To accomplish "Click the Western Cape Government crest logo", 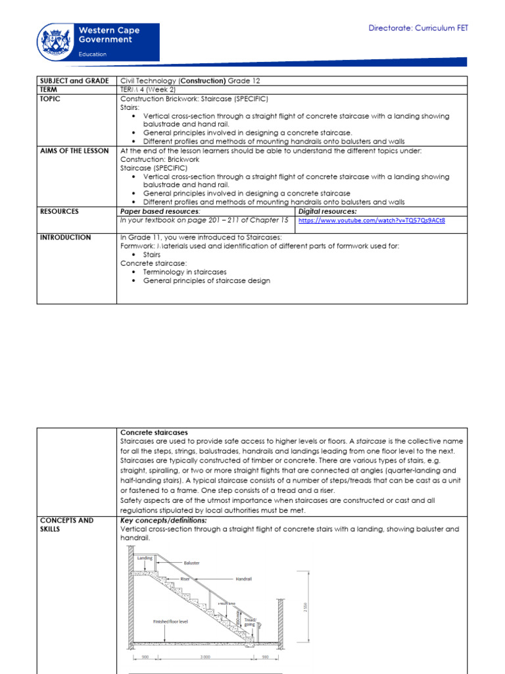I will coord(57,41).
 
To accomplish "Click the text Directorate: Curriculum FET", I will coord(418,28).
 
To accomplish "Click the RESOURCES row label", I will coord(59,211).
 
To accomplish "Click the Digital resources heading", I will coord(327,211).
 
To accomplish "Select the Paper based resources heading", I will coord(160,211).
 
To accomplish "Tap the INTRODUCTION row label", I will coord(65,237).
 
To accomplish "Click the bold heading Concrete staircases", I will coord(154,432).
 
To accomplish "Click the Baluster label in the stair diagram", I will coord(192,563).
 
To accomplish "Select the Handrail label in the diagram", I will coord(243,579).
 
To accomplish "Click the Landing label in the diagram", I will coord(145,557).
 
